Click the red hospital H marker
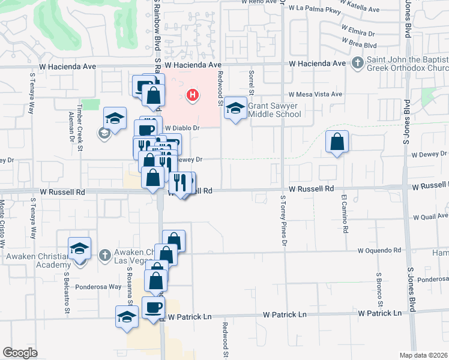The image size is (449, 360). (193, 94)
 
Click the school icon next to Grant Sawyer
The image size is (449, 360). (236, 108)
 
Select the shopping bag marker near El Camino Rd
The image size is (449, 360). (337, 142)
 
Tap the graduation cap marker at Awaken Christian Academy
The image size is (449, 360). (79, 249)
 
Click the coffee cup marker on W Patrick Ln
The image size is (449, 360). (153, 308)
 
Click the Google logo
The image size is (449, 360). (20, 353)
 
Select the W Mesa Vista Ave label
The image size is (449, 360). (315, 94)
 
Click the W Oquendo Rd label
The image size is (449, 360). (379, 250)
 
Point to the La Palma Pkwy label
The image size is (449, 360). (315, 10)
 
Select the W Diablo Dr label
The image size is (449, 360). (181, 128)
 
